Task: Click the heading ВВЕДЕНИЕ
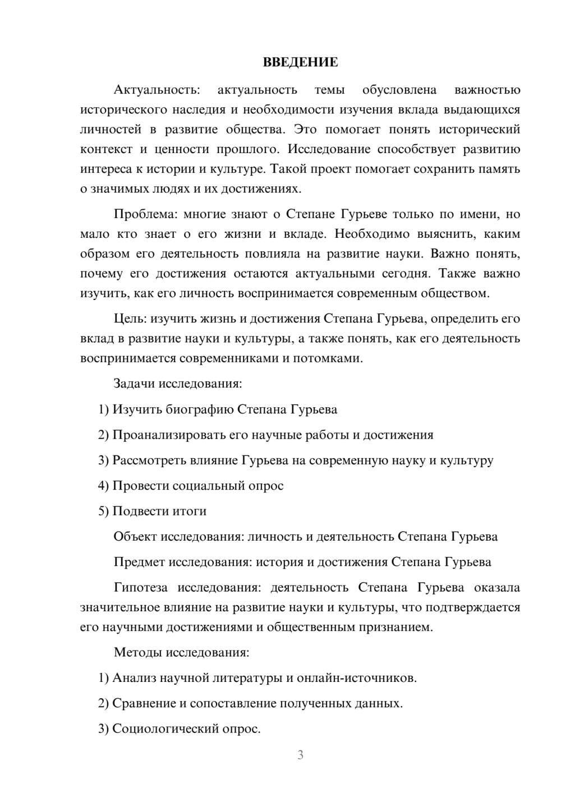300,62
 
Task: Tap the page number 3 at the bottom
300,755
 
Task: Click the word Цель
130,319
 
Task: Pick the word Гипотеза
140,587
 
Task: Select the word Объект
135,536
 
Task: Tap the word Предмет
139,562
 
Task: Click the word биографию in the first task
200,409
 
